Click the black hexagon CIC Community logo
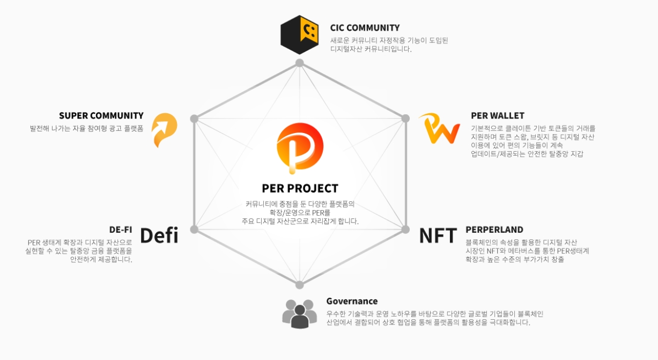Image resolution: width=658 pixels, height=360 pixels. [x=300, y=34]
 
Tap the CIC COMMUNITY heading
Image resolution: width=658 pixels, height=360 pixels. [x=365, y=28]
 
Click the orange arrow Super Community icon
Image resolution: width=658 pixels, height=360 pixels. [x=164, y=130]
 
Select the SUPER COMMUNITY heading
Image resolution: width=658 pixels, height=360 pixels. [x=101, y=115]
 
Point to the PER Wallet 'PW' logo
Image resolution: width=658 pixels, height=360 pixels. [x=439, y=129]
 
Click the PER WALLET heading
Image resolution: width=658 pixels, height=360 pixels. [x=497, y=115]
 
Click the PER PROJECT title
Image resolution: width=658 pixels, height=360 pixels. [x=300, y=188]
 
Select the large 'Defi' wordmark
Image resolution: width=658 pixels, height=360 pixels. [x=159, y=235]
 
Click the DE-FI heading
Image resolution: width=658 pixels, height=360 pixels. [x=121, y=230]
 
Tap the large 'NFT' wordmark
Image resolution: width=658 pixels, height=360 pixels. [x=438, y=235]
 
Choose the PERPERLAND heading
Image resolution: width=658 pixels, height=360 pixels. [x=494, y=230]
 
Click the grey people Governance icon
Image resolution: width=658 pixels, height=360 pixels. [x=300, y=313]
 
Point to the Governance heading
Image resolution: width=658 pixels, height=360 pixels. [x=352, y=301]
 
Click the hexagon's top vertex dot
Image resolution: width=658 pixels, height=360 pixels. [x=300, y=63]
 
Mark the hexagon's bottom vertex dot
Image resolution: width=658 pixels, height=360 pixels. [x=300, y=285]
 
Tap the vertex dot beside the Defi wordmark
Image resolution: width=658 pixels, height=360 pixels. [x=194, y=229]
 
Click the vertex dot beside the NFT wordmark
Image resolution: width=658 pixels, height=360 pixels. [x=405, y=229]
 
